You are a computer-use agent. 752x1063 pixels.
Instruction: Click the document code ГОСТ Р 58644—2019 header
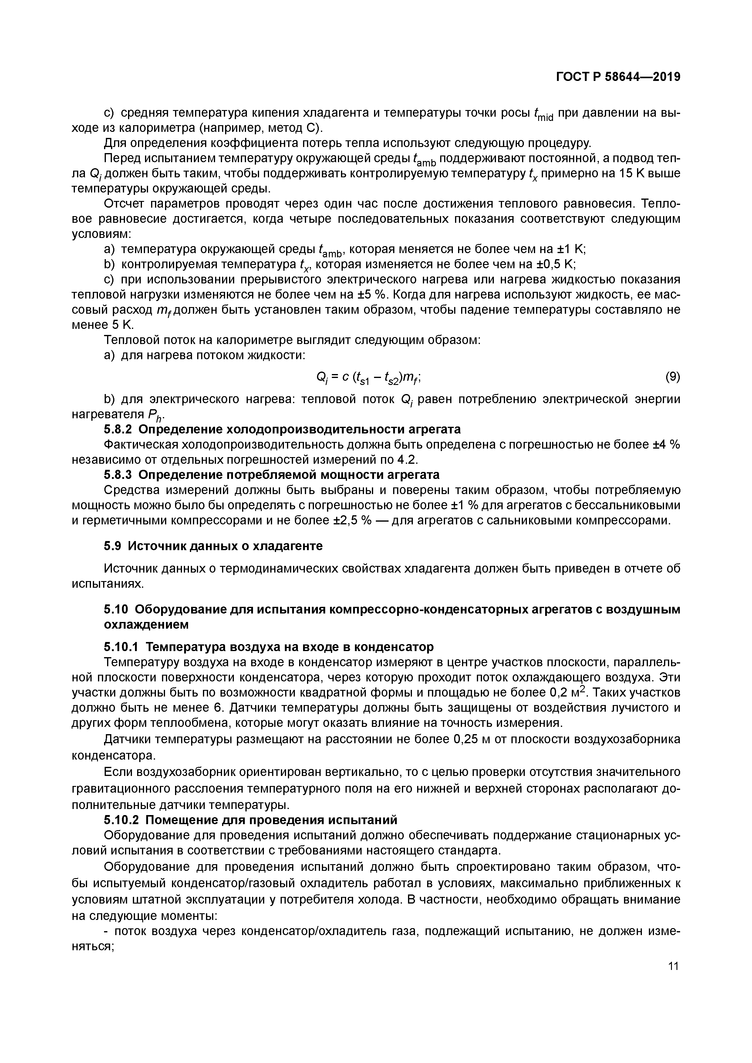pos(618,77)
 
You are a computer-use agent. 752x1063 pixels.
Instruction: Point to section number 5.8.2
pos(118,430)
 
